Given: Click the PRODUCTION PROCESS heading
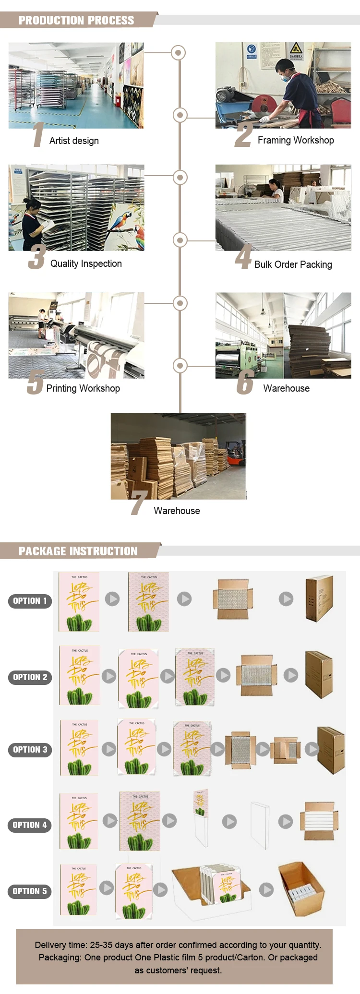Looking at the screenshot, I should [x=76, y=20].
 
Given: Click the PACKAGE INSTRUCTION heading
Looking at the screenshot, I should [x=78, y=551].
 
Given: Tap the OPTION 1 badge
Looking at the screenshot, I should [x=30, y=601].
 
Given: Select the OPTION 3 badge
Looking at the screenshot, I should [x=30, y=750].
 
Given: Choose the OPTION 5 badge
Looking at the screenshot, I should [x=30, y=891].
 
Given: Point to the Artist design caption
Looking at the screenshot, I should [x=74, y=141].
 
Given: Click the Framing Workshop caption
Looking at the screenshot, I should [x=296, y=140].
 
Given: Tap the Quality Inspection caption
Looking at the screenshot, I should [x=86, y=263].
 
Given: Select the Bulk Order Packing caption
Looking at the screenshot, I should [x=293, y=264].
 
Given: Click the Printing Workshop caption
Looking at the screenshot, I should [x=83, y=388].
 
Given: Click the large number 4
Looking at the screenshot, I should [x=244, y=258].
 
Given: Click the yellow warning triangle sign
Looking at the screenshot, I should [x=295, y=48].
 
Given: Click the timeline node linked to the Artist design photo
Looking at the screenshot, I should [x=179, y=52].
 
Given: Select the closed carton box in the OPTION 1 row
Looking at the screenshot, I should [x=319, y=599].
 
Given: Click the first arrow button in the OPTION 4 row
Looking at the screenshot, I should [x=110, y=820].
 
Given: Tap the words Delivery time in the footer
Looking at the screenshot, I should [x=61, y=945].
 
